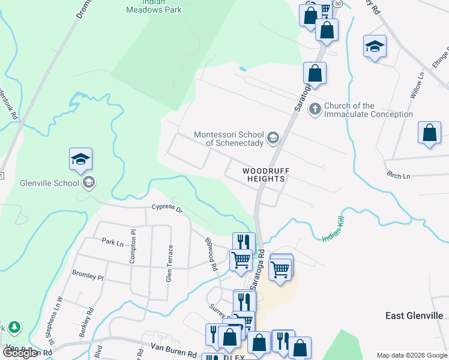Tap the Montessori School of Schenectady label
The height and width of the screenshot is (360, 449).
pyautogui.click(x=229, y=139)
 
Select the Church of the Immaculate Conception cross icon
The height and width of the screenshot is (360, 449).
pyautogui.click(x=314, y=109)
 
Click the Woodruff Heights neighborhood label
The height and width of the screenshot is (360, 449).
pyautogui.click(x=266, y=175)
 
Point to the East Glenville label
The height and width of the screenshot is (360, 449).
pyautogui.click(x=414, y=316)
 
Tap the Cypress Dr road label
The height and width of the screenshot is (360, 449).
pyautogui.click(x=166, y=208)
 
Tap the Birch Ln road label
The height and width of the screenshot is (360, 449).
pyautogui.click(x=398, y=176)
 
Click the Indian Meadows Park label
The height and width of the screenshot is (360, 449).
pyautogui.click(x=154, y=7)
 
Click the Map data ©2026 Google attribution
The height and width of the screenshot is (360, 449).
pyautogui.click(x=412, y=355)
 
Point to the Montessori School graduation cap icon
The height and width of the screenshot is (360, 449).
pyautogui.click(x=273, y=139)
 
